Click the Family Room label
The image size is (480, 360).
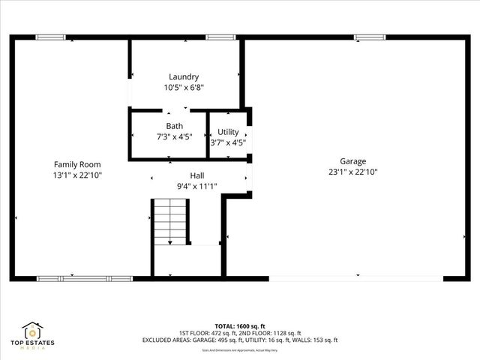(76, 164)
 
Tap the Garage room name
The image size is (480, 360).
(352, 161)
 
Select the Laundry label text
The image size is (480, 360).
(184, 76)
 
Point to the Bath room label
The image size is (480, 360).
(174, 126)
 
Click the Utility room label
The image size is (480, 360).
(228, 132)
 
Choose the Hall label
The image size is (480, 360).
(196, 175)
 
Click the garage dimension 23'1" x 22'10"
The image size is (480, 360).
(352, 172)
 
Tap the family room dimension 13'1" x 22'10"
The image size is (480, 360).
(76, 175)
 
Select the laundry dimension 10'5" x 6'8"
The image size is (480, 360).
(184, 87)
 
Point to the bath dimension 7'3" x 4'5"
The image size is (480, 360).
(174, 136)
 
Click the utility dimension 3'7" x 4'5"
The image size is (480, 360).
(228, 142)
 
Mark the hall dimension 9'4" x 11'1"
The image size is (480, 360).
(196, 185)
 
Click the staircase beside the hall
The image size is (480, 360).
(170, 222)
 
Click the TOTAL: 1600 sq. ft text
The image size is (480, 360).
(239, 325)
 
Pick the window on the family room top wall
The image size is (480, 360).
(50, 37)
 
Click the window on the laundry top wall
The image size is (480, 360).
(220, 37)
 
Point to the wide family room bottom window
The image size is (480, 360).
(85, 278)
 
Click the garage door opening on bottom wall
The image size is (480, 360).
(355, 278)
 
